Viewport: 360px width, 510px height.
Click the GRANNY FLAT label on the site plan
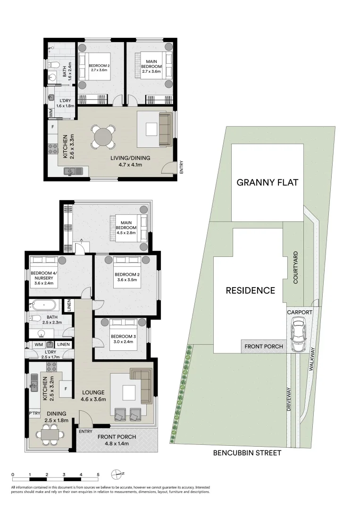tap(267, 182)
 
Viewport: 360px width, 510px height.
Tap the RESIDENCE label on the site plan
tap(250, 290)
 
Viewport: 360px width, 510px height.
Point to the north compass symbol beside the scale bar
tap(117, 474)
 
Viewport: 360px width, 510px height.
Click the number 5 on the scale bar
tap(98, 474)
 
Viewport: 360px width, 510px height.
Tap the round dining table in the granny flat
tap(103, 137)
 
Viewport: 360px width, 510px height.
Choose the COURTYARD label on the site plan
tap(296, 267)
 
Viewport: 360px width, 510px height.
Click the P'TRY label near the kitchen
tap(34, 414)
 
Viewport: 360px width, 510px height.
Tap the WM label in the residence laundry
tap(39, 345)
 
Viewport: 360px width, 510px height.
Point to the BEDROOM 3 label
tap(122, 337)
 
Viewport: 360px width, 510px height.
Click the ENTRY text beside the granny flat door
tap(181, 168)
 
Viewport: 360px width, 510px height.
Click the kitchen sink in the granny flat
tap(70, 171)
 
